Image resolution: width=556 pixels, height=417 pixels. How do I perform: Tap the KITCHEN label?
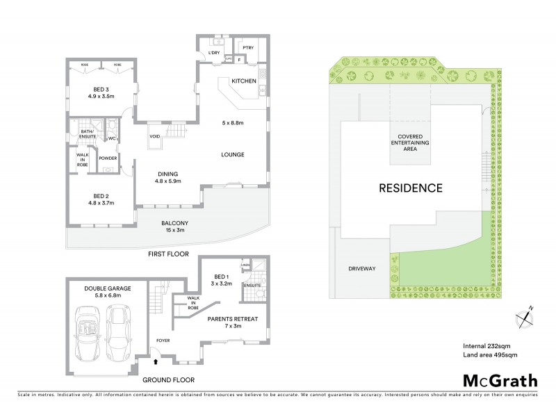(x=245, y=81)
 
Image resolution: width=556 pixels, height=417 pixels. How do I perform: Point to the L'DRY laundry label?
(x=214, y=54)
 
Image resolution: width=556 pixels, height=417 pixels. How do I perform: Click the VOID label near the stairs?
(x=155, y=136)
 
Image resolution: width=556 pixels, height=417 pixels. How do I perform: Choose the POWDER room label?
(x=108, y=158)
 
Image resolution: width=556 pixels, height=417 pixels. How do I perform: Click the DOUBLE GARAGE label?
(x=108, y=291)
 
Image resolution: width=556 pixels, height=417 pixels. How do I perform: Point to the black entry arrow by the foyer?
(x=156, y=361)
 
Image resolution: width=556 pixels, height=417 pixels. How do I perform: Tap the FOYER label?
(x=163, y=341)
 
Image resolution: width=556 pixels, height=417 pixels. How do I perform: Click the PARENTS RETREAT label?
(x=233, y=322)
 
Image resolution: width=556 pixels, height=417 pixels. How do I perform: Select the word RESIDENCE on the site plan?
(x=410, y=188)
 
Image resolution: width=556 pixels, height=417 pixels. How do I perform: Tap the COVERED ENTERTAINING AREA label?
(x=414, y=142)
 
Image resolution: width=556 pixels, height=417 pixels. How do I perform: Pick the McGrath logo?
(x=500, y=380)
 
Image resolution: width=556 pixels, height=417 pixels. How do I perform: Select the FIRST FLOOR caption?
(x=168, y=254)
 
